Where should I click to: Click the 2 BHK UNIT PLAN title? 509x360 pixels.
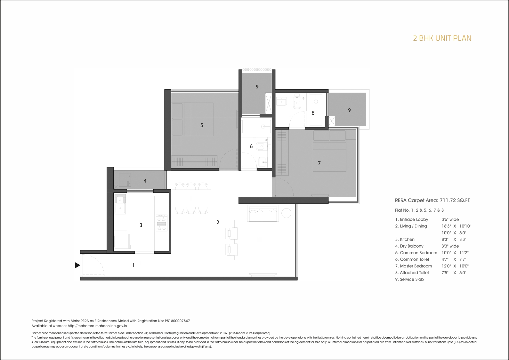pyautogui.click(x=442, y=38)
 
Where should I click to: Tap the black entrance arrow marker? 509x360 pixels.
pyautogui.click(x=77, y=265)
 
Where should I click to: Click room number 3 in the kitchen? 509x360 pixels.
pyautogui.click(x=141, y=225)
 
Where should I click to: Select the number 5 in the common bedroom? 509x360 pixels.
pyautogui.click(x=202, y=125)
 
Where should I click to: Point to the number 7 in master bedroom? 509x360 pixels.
pyautogui.click(x=319, y=163)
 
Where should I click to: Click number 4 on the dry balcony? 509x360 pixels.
pyautogui.click(x=145, y=181)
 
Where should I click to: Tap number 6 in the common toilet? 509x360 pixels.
pyautogui.click(x=251, y=146)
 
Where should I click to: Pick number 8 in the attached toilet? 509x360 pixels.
pyautogui.click(x=313, y=113)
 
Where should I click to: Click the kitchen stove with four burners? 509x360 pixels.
pyautogui.click(x=162, y=223)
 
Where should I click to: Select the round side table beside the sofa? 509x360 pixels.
pyautogui.click(x=286, y=213)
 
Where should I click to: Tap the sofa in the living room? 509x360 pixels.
pyautogui.click(x=263, y=214)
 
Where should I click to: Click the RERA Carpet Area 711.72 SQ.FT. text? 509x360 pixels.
pyautogui.click(x=433, y=200)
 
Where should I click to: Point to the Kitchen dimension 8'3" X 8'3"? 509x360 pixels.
pyautogui.click(x=454, y=240)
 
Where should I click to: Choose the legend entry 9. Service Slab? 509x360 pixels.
pyautogui.click(x=409, y=279)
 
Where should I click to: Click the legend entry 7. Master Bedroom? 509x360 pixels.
pyautogui.click(x=414, y=266)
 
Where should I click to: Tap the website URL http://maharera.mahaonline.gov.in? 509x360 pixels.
pyautogui.click(x=97, y=326)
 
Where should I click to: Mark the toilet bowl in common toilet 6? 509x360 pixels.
pyautogui.click(x=260, y=146)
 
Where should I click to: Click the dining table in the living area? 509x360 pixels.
pyautogui.click(x=191, y=198)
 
